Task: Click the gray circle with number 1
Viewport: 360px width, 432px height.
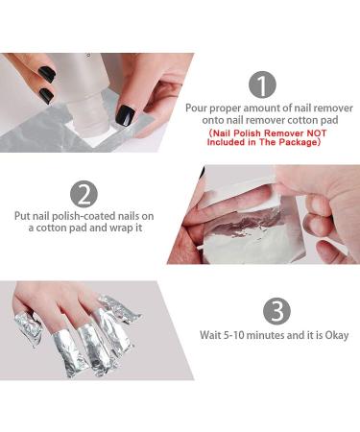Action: tap(261, 84)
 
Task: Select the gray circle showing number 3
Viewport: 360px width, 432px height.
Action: tap(276, 311)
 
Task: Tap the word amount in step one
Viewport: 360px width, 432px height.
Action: tap(264, 108)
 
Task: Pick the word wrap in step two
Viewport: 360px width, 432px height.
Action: tap(123, 229)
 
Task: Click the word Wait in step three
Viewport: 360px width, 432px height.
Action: tap(211, 335)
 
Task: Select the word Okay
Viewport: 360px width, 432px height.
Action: tap(336, 335)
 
